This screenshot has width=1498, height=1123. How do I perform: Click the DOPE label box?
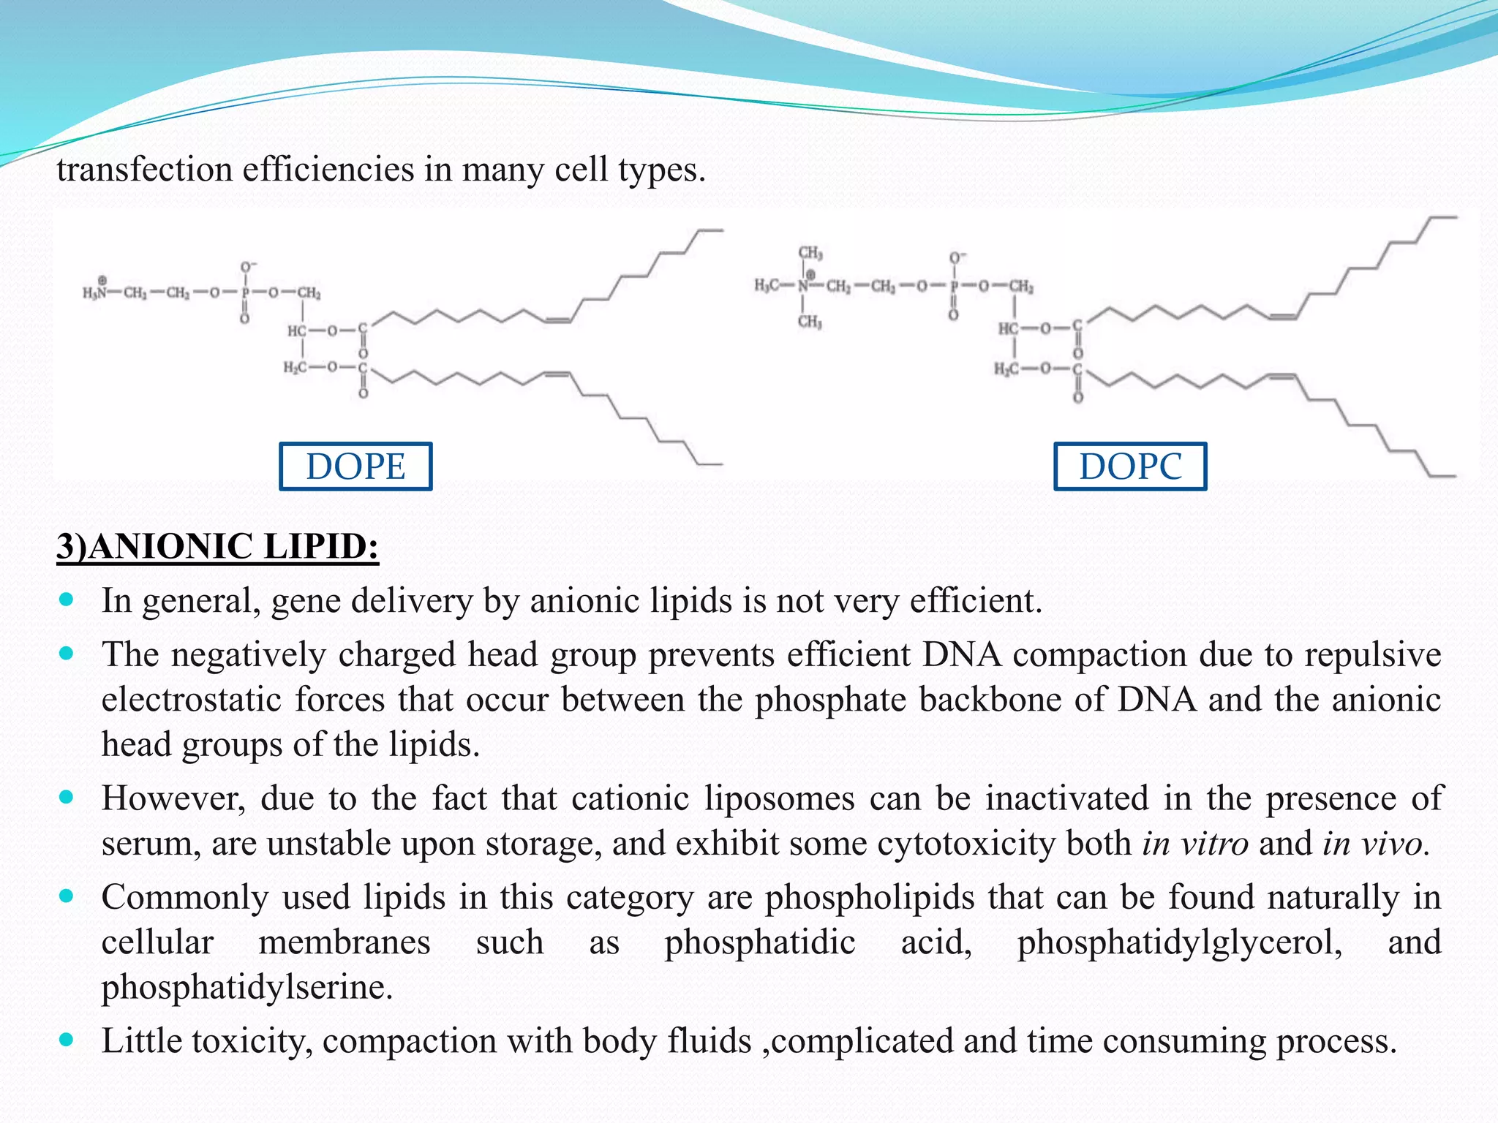pos(355,466)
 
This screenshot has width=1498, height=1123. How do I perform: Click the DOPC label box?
pos(1130,466)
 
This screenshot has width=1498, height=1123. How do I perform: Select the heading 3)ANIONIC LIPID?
pos(218,547)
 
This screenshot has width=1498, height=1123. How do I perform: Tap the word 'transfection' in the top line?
pos(144,170)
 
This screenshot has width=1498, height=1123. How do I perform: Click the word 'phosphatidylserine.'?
pos(247,987)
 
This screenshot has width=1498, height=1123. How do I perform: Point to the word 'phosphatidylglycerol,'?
pos(1180,942)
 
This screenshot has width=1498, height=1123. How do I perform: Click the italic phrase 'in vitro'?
pos(1195,843)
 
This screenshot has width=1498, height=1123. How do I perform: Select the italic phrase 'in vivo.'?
pos(1375,843)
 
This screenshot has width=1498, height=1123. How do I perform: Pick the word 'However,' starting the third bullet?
pos(174,798)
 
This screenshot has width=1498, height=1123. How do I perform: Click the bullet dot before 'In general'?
pos(67,600)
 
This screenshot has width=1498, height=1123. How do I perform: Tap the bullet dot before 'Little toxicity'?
pos(67,1040)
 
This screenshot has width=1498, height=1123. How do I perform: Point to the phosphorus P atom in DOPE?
pos(246,292)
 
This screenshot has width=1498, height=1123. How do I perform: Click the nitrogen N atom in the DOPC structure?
pos(804,286)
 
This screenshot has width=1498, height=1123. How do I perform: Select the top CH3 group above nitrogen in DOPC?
pos(810,253)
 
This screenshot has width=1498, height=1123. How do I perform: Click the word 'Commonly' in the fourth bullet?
pos(185,897)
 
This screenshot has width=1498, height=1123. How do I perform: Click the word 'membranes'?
pos(345,942)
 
